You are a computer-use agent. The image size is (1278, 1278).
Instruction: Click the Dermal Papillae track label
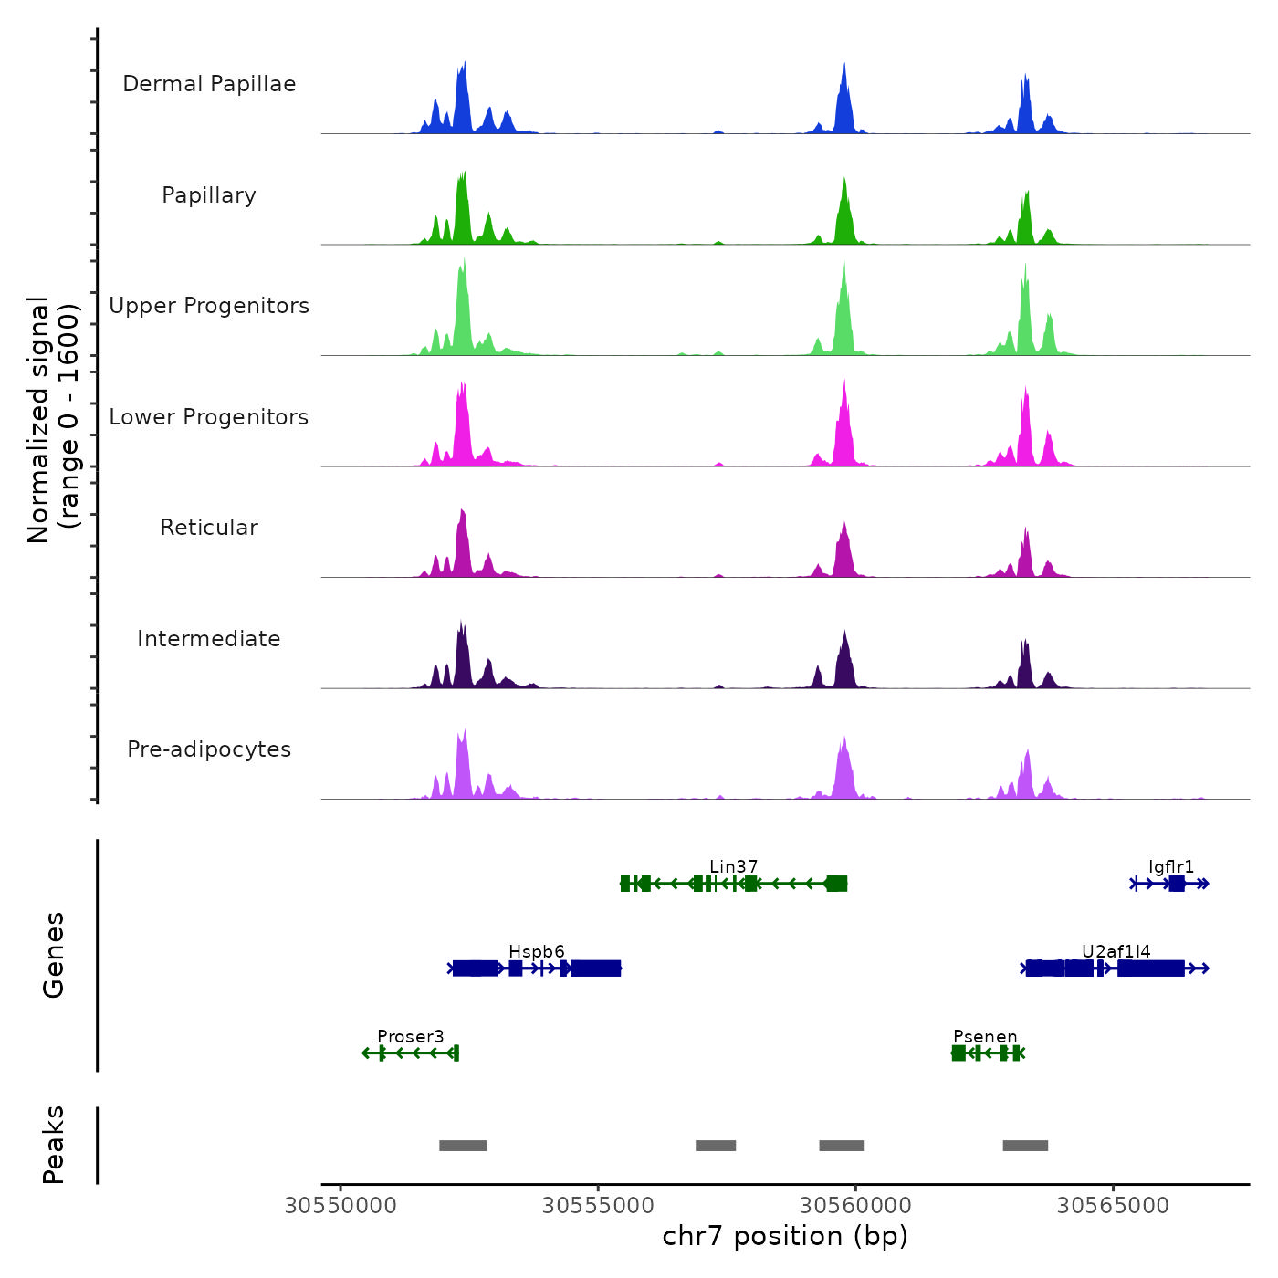pos(209,84)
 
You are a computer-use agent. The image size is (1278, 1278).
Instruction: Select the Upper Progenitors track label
pos(209,306)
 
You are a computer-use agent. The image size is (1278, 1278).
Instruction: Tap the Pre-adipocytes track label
pos(209,749)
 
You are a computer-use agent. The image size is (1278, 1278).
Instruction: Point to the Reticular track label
pos(209,528)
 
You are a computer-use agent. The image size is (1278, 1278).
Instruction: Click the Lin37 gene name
pos(734,866)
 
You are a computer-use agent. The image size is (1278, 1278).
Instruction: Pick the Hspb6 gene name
pos(537,952)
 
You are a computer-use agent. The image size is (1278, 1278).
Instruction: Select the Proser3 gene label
pos(411,1037)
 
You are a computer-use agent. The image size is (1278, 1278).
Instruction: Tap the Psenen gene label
pos(985,1037)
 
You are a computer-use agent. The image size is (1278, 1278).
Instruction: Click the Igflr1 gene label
pos(1171,866)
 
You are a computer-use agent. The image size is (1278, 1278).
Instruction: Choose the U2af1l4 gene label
pos(1116,952)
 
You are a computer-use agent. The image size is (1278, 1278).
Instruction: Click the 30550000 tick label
pos(340,1206)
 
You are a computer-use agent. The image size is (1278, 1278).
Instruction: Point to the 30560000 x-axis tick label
pos(855,1206)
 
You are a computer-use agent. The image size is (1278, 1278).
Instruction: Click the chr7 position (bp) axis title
pos(785,1236)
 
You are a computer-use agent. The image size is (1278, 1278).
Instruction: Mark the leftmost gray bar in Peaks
pos(463,1146)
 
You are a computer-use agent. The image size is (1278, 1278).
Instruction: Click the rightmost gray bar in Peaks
pos(1025,1146)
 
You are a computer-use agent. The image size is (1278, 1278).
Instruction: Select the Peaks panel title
pos(54,1145)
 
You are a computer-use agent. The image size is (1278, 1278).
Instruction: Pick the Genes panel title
pos(54,955)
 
